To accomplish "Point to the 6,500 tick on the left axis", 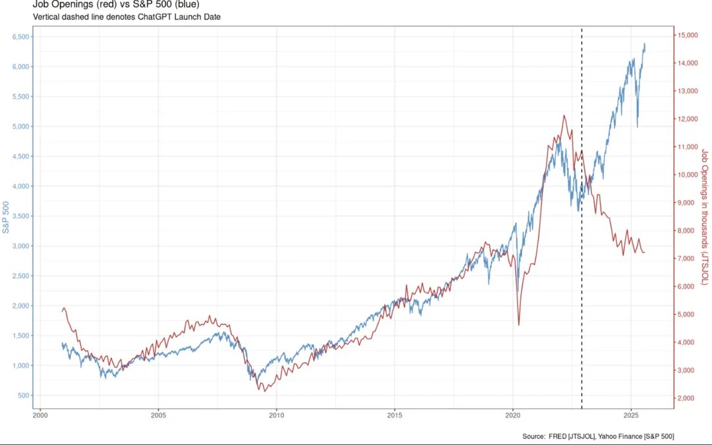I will coord(20,37).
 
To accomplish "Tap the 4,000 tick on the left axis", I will coord(20,187).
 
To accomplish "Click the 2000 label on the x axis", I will coord(40,415).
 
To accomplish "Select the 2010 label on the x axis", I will coord(276,415).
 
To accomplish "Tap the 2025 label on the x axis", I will coord(631,415).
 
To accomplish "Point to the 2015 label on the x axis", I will coord(394,415).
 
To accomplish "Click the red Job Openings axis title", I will coord(705,217).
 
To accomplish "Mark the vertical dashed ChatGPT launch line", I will coord(581,264).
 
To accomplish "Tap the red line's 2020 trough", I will coord(519,324).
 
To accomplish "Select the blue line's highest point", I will coord(644,44).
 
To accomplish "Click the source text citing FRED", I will coord(598,436).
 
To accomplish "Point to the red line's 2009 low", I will coord(265,391).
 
